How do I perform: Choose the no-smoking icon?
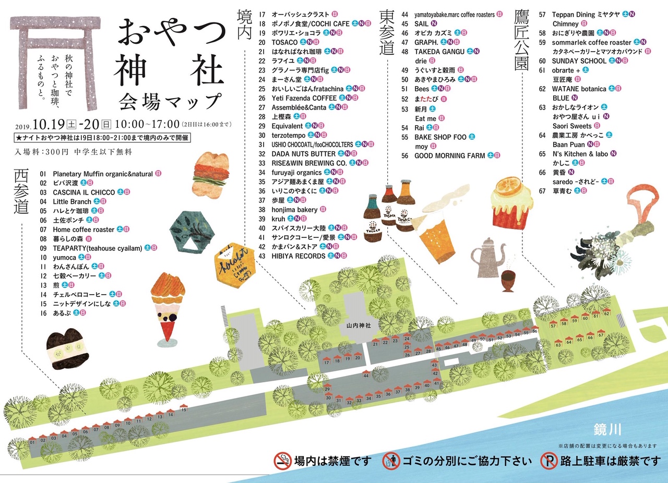283,461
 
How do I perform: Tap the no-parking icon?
548,461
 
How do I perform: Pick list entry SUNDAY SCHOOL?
579,61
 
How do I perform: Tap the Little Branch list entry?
72,201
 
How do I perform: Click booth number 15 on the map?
184,410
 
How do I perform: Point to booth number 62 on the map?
606,314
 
